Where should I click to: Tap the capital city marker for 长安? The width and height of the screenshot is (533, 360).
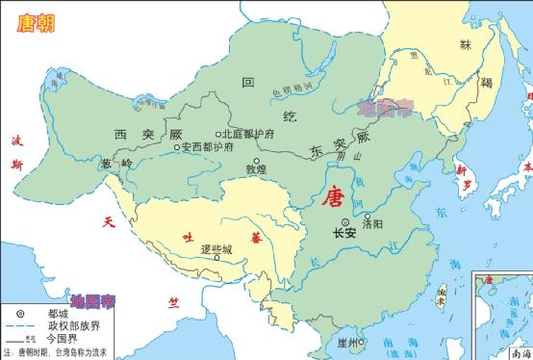point(344,221)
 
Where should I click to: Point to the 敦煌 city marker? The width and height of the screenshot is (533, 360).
point(255,161)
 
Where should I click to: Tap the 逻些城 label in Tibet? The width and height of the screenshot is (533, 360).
point(217,248)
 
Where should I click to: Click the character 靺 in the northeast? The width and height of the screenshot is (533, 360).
point(466,45)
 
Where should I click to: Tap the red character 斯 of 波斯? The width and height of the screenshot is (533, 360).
point(16,165)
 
